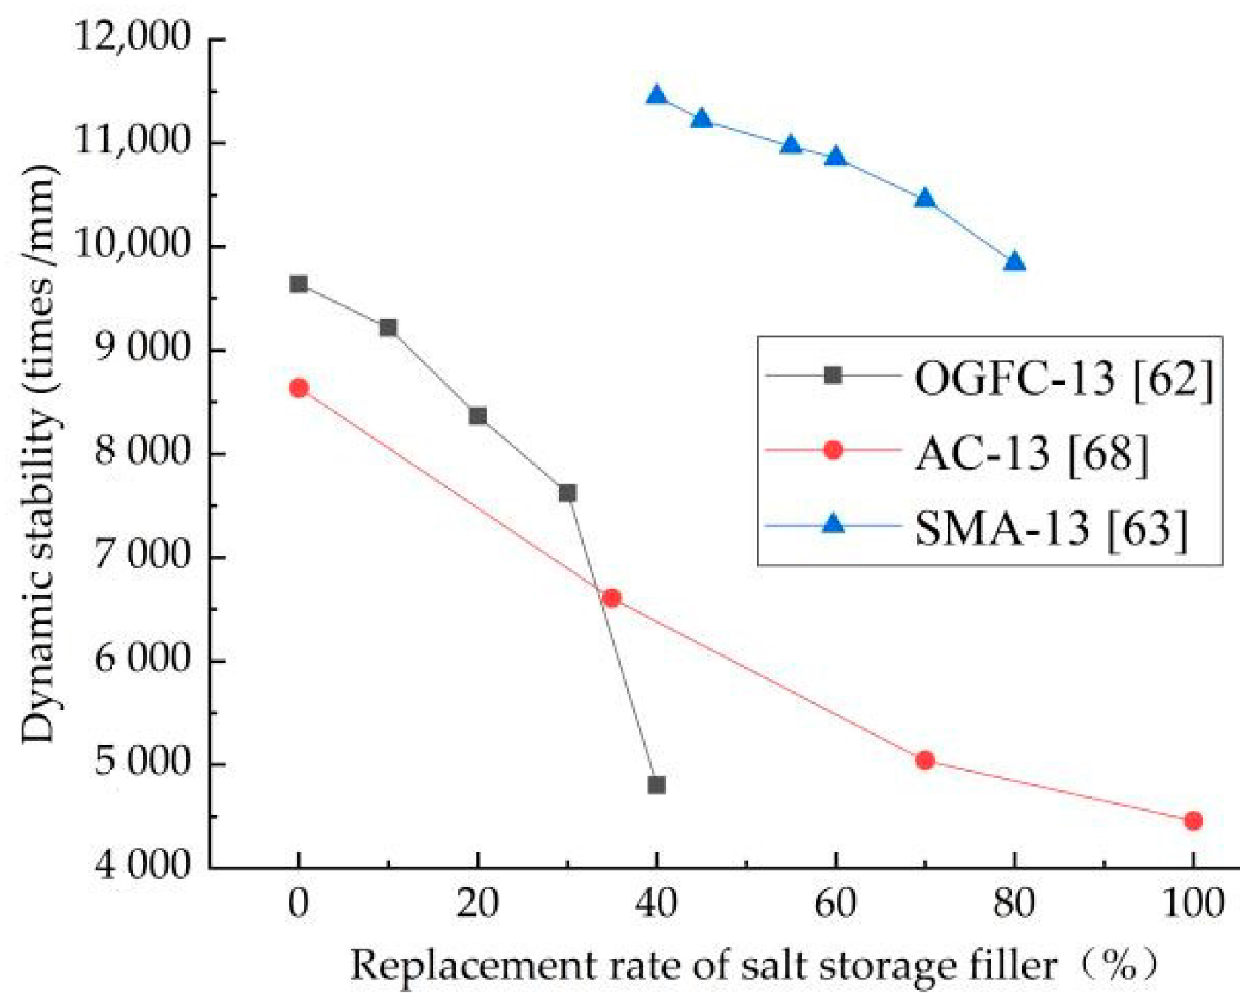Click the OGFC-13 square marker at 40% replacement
[656, 785]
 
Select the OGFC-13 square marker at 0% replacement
[298, 284]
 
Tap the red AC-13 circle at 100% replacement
[1193, 821]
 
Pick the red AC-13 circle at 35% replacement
[612, 598]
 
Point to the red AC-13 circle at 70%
[925, 760]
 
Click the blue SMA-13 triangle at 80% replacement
[1015, 262]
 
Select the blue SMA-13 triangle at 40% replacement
[656, 95]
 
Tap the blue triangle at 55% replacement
[790, 145]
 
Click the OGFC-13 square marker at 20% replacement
[477, 416]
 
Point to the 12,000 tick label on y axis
[132, 38]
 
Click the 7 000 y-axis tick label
[142, 556]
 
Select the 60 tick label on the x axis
[835, 904]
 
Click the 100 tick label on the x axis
[1192, 904]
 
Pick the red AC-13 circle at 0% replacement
[298, 388]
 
